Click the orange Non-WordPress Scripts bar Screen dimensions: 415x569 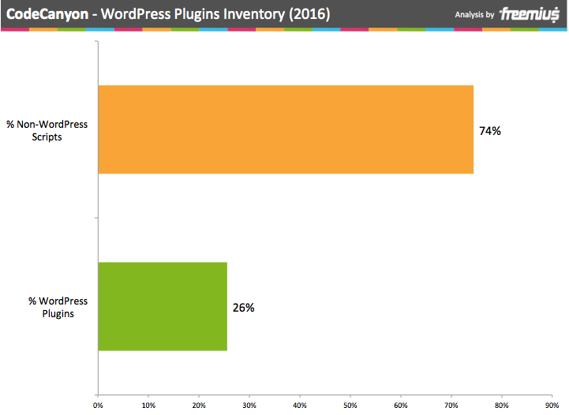point(286,129)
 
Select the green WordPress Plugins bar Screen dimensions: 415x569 point(163,306)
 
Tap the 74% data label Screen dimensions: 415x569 point(489,131)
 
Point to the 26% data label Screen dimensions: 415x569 point(243,308)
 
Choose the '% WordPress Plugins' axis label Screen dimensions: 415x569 point(58,307)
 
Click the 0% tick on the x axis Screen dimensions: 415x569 point(98,406)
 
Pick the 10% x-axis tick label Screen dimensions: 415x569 point(148,406)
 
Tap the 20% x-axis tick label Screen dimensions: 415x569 point(199,406)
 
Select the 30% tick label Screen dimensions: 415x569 point(249,406)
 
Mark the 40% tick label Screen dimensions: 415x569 point(300,406)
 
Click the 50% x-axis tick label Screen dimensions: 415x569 point(350,406)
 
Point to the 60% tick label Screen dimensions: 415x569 point(401,406)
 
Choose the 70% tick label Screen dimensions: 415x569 point(451,406)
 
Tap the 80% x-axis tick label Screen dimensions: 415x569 point(502,406)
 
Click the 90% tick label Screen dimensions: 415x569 point(552,406)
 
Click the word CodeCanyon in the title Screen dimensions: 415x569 point(47,15)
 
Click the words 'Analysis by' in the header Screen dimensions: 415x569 point(474,15)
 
